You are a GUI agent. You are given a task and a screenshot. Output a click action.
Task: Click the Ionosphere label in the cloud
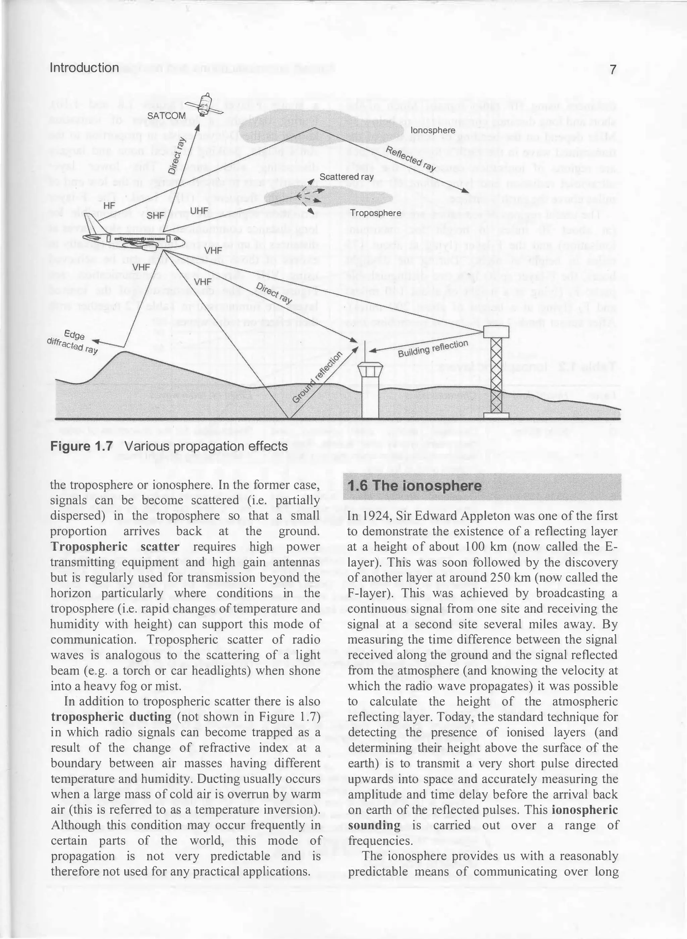click(432, 130)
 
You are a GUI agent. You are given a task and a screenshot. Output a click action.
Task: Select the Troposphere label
click(375, 213)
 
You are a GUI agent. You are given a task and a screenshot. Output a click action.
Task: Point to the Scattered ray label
click(347, 177)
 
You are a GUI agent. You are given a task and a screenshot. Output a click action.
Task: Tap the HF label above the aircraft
click(109, 206)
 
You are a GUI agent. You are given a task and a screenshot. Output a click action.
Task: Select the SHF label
click(156, 215)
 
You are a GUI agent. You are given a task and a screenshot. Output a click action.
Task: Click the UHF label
click(199, 211)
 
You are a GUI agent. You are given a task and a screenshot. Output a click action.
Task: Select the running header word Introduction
click(85, 68)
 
